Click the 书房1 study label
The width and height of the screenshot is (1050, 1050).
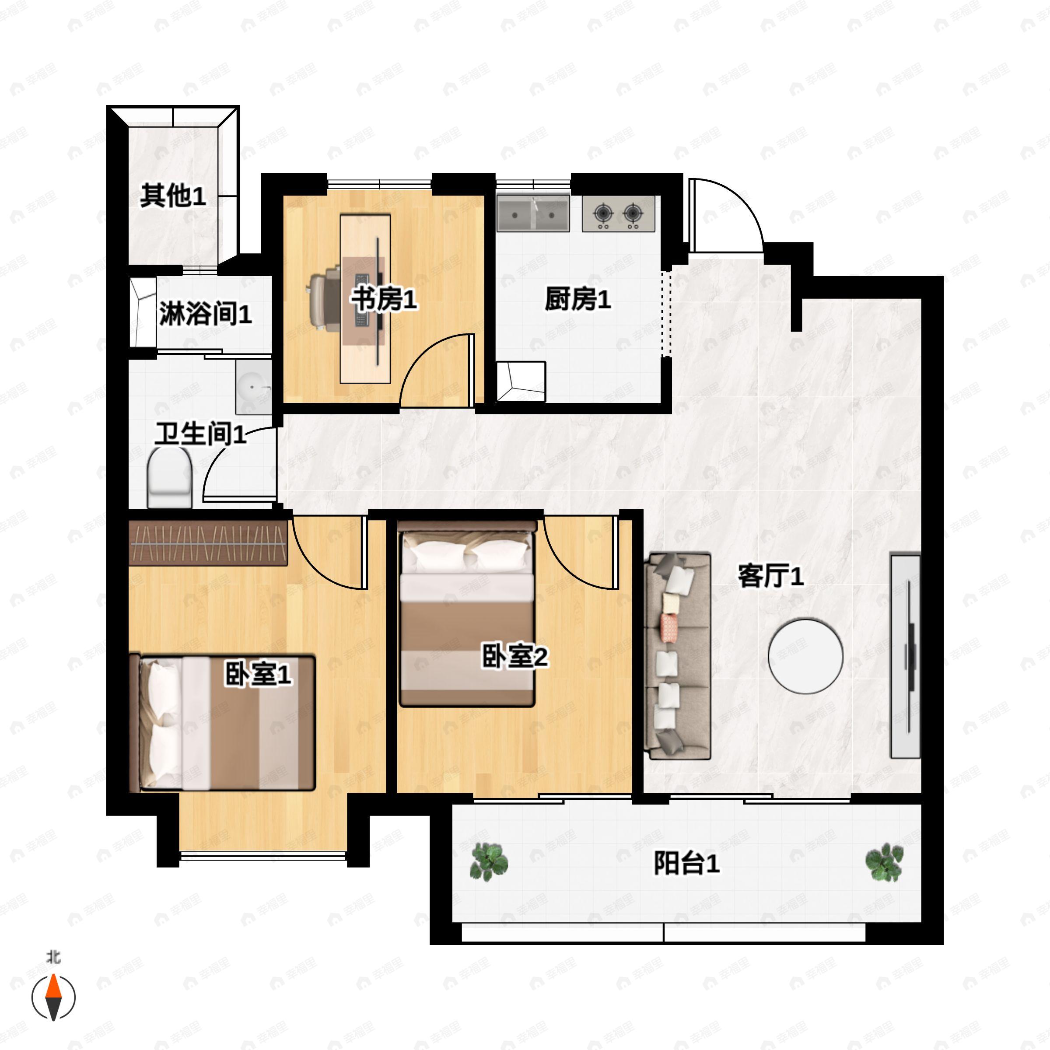384,299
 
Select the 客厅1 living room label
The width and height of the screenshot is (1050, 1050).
770,576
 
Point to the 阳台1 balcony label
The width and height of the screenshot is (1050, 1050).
686,863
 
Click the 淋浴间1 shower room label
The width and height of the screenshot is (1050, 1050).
206,314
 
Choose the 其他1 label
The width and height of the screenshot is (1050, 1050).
173,196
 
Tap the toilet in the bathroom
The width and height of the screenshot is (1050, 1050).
170,477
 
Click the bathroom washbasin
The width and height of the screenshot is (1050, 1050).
254,387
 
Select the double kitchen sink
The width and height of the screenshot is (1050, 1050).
533,213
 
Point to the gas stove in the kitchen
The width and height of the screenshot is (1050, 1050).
618,213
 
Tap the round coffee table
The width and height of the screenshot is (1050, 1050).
805,656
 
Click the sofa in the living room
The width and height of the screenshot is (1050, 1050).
678,656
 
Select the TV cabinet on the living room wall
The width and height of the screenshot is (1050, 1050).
905,655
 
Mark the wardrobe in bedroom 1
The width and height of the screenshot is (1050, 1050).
208,543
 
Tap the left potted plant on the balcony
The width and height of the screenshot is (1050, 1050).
489,862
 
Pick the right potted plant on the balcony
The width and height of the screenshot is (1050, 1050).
884,862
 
